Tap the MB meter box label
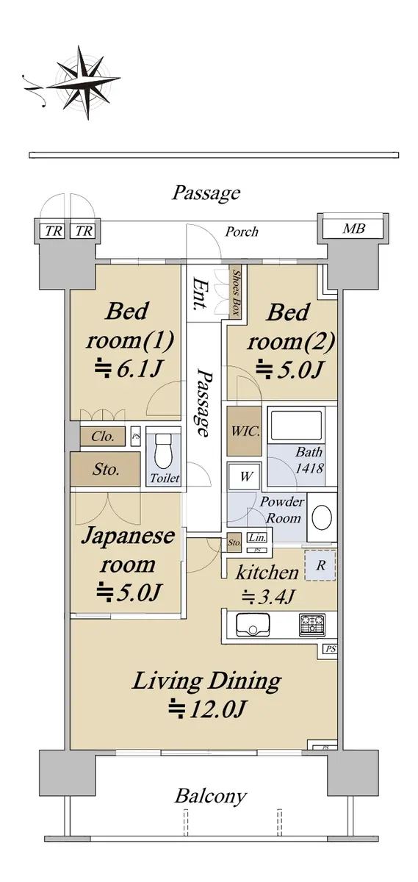353,229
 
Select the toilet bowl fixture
164,451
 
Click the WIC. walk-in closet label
245,431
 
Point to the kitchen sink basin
253,625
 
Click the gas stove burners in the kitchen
312,625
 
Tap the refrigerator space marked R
321,565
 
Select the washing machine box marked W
245,476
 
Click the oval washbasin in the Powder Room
322,517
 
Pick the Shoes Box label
236,293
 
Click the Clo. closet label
103,437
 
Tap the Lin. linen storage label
257,537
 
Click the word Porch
242,232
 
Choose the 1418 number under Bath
310,467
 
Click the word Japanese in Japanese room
129,536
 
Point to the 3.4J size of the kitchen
268,598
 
